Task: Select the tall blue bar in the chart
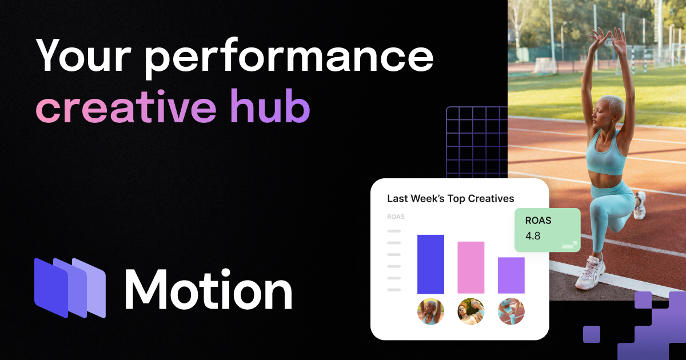click(x=430, y=264)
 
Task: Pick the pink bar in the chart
click(x=470, y=267)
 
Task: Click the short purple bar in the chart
click(x=510, y=275)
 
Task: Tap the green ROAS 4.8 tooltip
click(x=547, y=230)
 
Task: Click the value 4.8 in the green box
click(x=533, y=235)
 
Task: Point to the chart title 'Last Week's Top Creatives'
click(x=450, y=199)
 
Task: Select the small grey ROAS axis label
click(x=396, y=217)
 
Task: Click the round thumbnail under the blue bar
click(x=430, y=311)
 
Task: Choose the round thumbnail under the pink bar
click(x=470, y=311)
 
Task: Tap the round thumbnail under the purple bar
click(x=510, y=311)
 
